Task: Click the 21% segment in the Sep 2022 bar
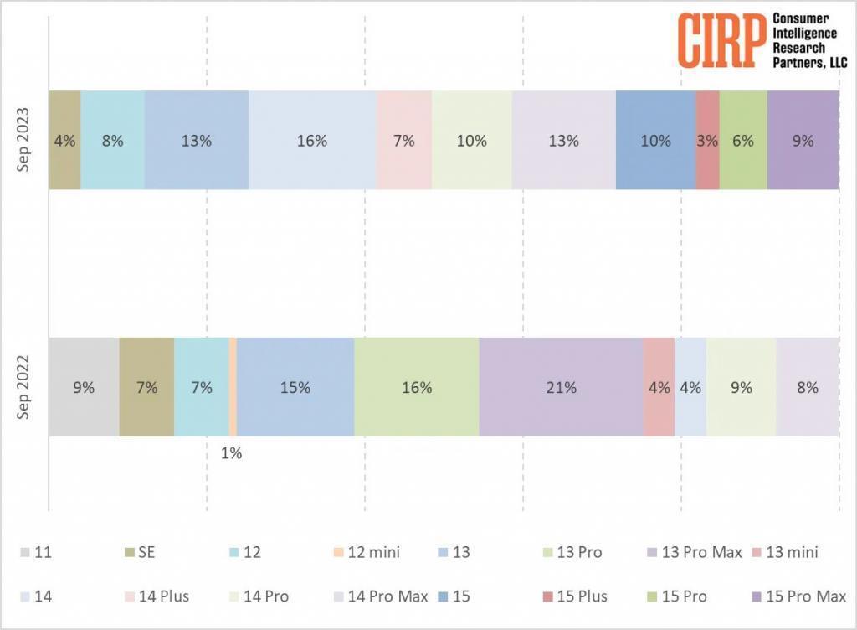(561, 387)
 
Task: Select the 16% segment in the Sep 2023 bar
(311, 141)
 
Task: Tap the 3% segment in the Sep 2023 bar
(707, 141)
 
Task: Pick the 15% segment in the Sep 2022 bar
(295, 387)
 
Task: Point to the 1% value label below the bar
(231, 453)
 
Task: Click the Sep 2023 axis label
(25, 141)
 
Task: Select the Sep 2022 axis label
(25, 387)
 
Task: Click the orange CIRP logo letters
(721, 40)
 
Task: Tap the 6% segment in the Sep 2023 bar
(743, 141)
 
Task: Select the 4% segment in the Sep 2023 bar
(64, 141)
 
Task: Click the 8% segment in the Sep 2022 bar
(808, 387)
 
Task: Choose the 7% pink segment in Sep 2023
(403, 141)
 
